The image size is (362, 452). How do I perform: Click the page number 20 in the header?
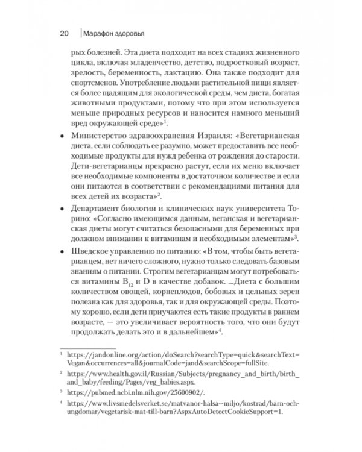65,32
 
